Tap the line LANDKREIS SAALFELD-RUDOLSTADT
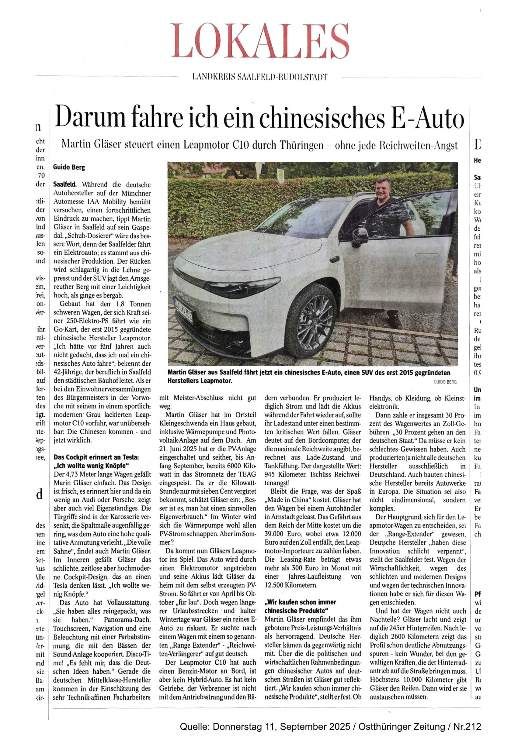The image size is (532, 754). coord(259,77)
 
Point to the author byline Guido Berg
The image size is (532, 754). coord(69,167)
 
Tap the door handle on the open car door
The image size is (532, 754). coord(427,255)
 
